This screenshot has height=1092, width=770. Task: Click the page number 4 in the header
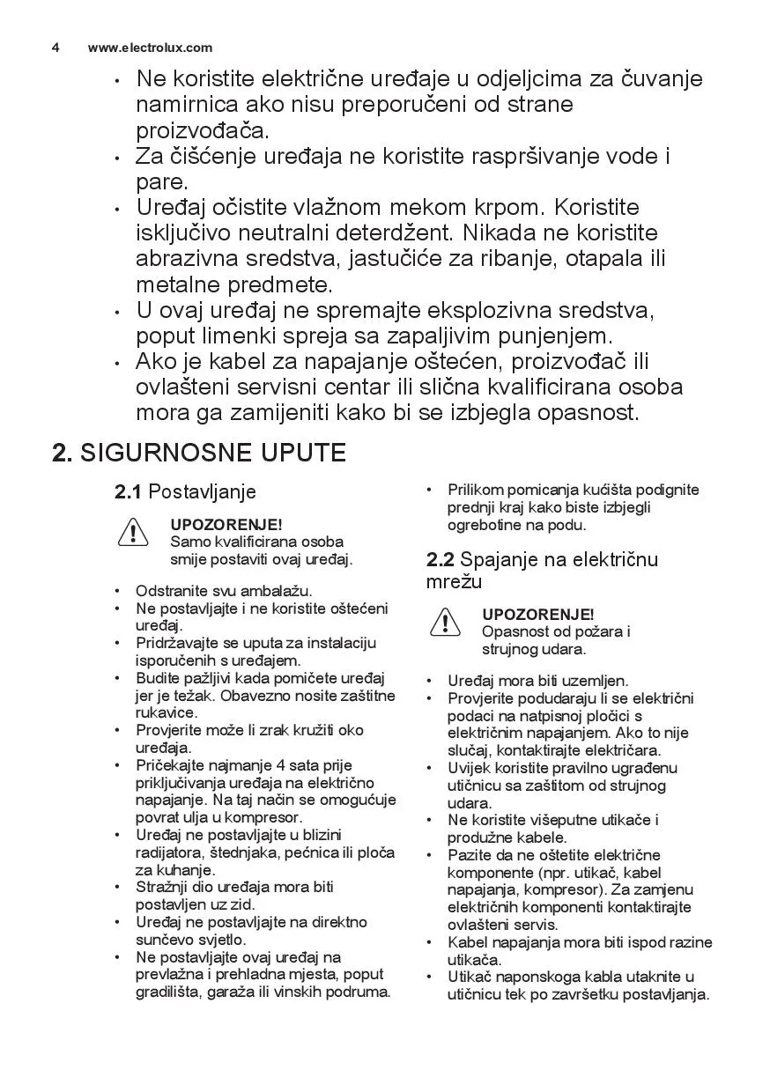[56, 48]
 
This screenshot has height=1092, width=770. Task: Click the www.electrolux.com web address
[150, 48]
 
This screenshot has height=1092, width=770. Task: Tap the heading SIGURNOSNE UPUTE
[212, 453]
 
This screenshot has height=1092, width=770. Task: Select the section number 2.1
[128, 491]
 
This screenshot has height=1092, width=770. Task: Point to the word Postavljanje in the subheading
[202, 491]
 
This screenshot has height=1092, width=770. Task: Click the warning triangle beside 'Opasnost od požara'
[446, 623]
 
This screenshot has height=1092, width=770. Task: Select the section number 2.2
[440, 559]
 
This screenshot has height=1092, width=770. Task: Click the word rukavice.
[167, 712]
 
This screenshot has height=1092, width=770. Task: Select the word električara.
[617, 750]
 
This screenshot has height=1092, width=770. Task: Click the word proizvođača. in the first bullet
[202, 130]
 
